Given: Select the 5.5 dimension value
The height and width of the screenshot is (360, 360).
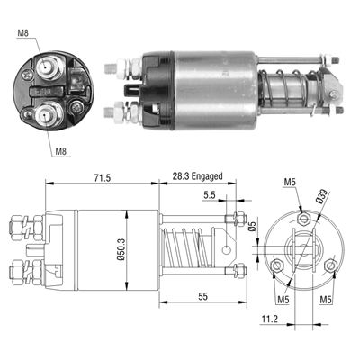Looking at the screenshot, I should pos(210,195).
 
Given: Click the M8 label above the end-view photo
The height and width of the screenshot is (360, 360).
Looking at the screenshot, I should pos(22,35).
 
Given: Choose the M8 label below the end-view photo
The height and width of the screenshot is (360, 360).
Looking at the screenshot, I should pos(61,151).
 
